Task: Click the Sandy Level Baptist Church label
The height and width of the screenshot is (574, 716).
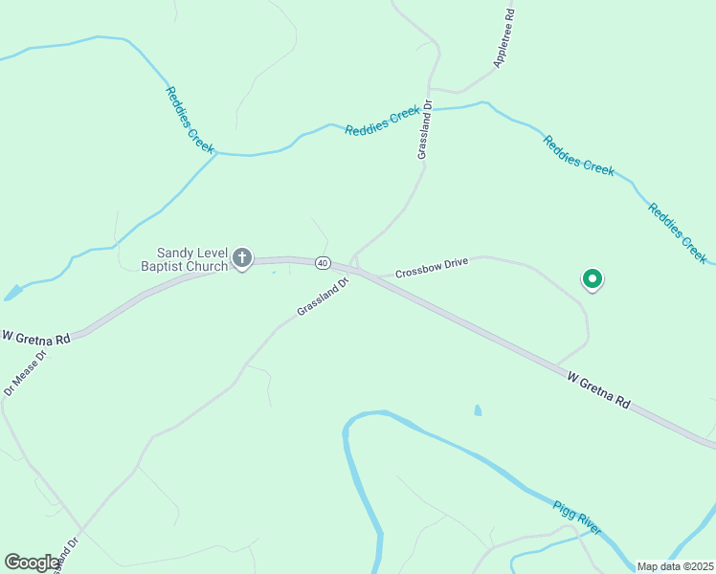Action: (186, 259)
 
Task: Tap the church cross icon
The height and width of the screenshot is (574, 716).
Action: (242, 258)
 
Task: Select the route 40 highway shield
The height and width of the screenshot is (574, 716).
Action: (323, 263)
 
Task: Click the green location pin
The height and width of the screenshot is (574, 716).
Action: (593, 279)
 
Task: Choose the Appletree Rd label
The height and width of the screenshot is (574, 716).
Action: (504, 38)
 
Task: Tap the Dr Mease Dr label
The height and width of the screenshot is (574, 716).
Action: (26, 371)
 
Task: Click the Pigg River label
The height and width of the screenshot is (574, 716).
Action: (577, 517)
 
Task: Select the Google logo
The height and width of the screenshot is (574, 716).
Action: (31, 563)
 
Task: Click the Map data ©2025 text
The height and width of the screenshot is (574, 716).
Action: (675, 566)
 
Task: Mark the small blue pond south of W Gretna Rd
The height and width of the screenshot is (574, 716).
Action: (478, 410)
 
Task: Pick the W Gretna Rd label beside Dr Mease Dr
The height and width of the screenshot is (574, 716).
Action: (36, 338)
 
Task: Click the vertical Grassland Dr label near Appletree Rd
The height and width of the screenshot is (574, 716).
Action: (425, 130)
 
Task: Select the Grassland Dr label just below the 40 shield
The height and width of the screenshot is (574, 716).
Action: (320, 298)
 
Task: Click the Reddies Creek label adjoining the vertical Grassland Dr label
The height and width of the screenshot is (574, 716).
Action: (382, 121)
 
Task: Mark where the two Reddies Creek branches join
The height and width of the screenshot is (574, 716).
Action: (217, 152)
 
